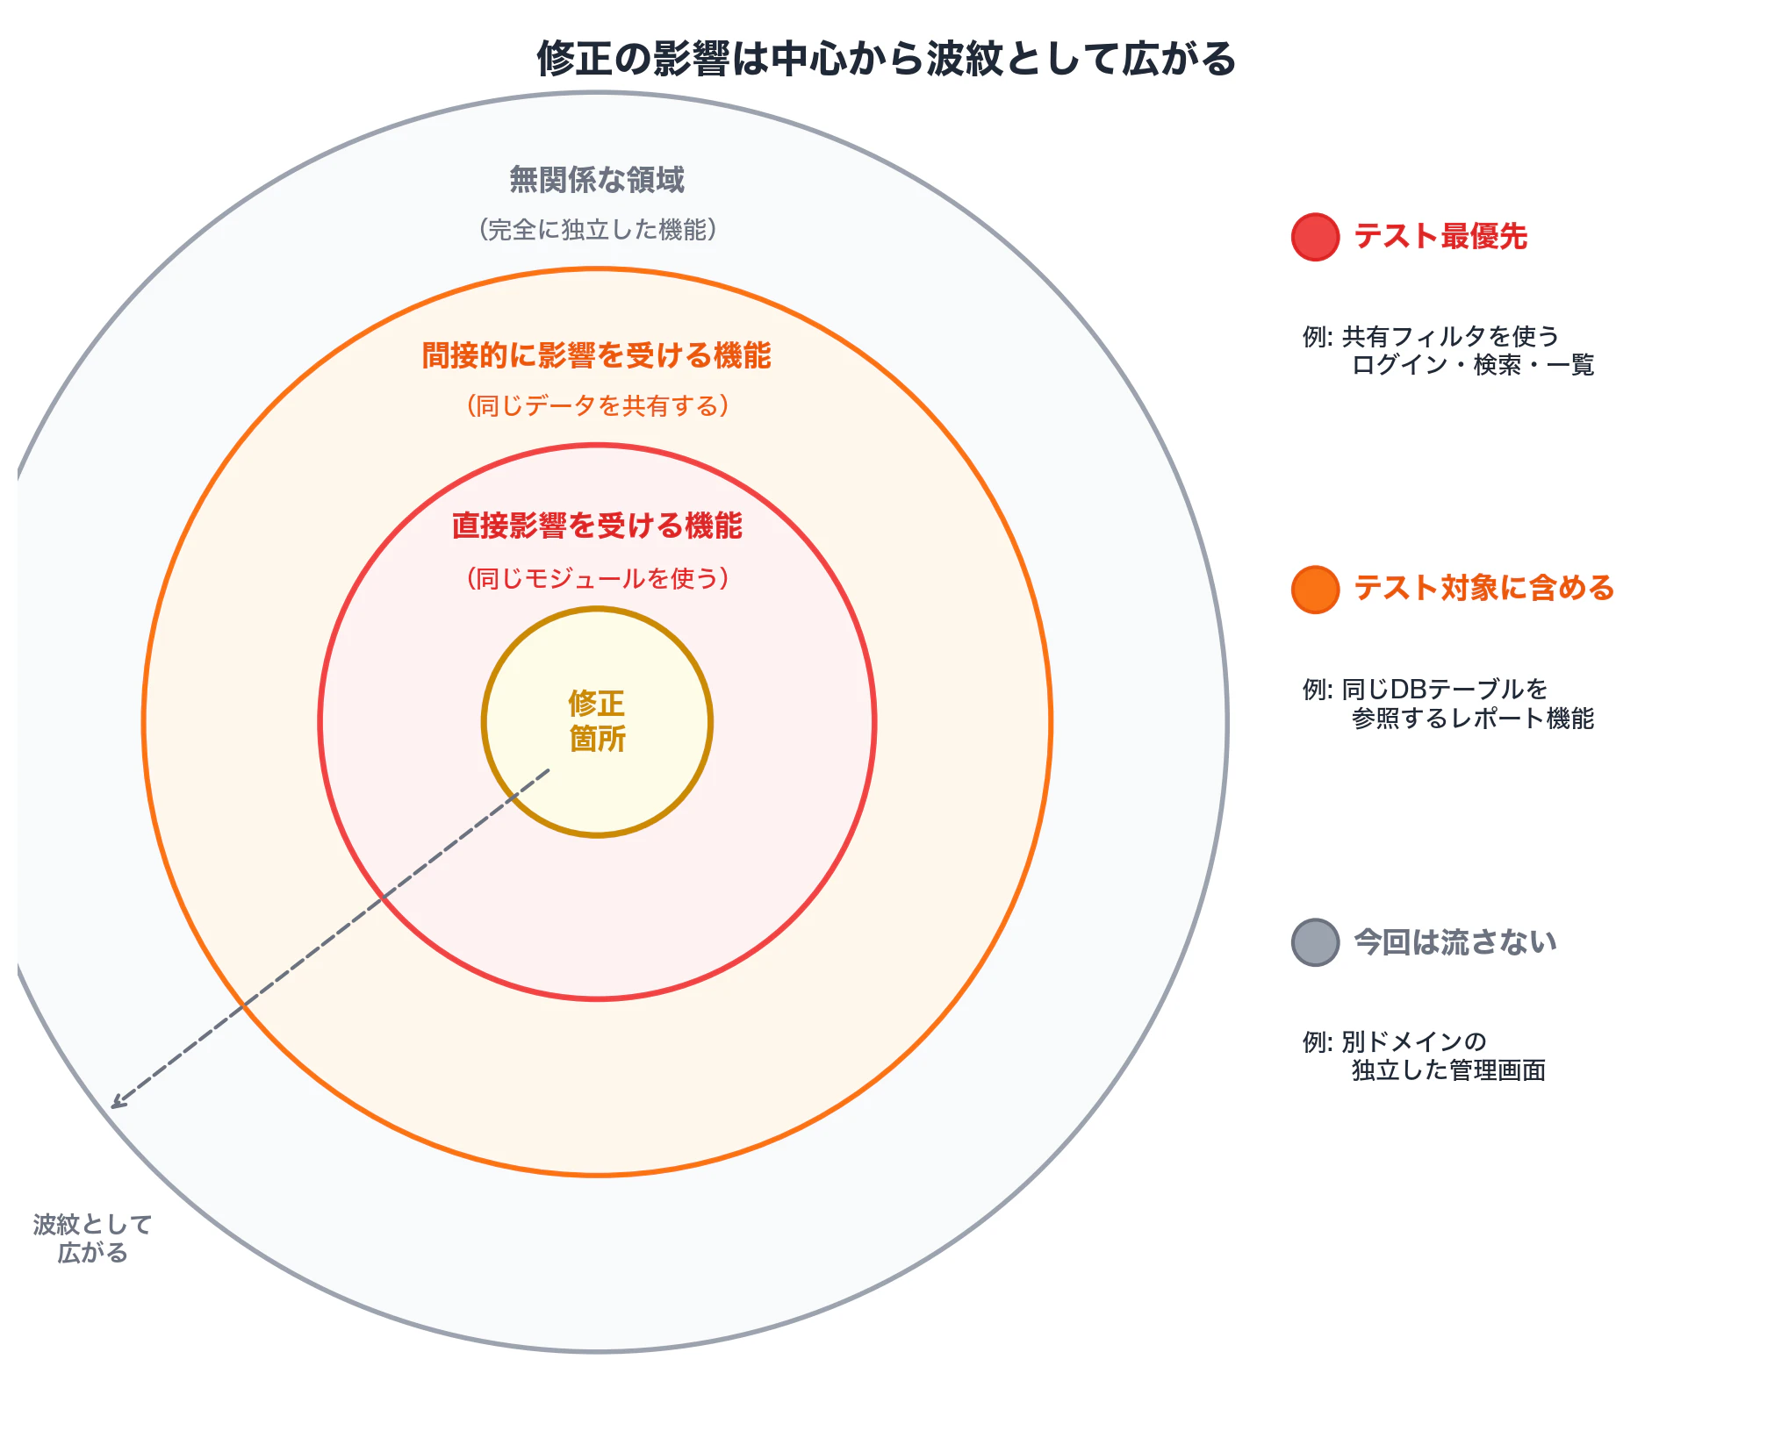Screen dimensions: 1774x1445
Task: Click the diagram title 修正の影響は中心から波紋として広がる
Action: click(x=887, y=59)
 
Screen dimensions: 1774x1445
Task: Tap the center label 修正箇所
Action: click(x=597, y=721)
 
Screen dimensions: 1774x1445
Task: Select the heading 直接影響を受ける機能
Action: click(x=597, y=526)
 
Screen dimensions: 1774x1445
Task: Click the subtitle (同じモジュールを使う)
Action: click(x=597, y=578)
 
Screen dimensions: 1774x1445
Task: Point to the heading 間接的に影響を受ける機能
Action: click(x=597, y=355)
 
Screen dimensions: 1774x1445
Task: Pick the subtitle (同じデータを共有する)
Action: click(x=597, y=405)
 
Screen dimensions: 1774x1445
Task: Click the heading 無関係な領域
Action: click(x=597, y=180)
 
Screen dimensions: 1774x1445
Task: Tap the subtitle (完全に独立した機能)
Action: click(x=597, y=230)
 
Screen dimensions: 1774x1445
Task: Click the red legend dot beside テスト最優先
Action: click(x=1315, y=237)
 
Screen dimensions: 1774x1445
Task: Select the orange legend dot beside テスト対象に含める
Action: click(x=1315, y=590)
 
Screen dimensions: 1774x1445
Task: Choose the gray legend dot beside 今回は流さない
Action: click(x=1315, y=942)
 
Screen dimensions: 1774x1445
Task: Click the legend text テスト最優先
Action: click(x=1440, y=237)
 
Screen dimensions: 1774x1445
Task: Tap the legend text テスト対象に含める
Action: click(x=1484, y=589)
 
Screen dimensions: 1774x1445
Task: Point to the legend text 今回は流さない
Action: click(x=1455, y=942)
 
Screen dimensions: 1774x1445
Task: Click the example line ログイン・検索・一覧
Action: click(x=1473, y=365)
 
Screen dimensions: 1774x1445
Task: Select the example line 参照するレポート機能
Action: click(x=1473, y=719)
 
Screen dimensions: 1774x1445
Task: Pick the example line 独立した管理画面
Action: click(x=1448, y=1070)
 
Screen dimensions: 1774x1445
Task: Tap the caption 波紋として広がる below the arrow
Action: click(x=93, y=1238)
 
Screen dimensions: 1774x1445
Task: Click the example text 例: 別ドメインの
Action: click(x=1395, y=1041)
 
